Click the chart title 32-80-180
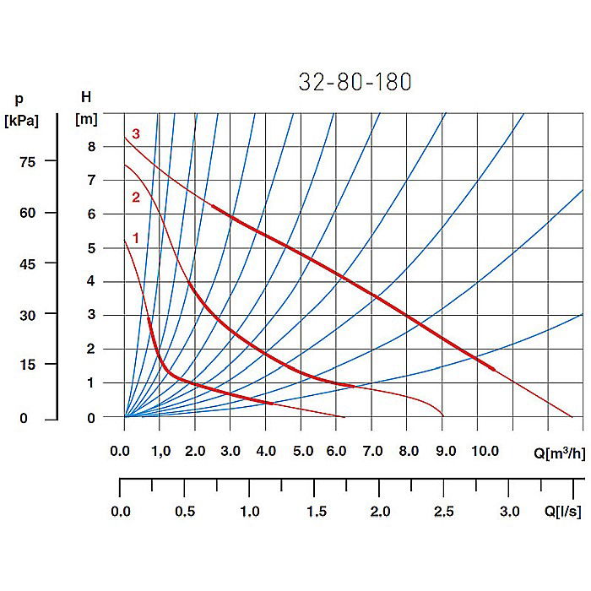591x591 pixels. pos(355,82)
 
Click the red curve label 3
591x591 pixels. pos(135,133)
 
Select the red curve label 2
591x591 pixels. pos(135,198)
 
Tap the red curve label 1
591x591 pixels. pos(135,239)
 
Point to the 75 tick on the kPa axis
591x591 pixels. pos(28,161)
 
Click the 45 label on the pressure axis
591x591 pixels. pos(28,263)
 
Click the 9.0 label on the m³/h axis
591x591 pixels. pos(445,452)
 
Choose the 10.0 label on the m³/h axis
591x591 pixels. pos(485,452)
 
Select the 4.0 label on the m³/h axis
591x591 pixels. pos(267,452)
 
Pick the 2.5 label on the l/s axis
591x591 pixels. pos(444,512)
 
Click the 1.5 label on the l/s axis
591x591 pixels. pos(314,512)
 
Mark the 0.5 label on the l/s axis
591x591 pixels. pos(185,512)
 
